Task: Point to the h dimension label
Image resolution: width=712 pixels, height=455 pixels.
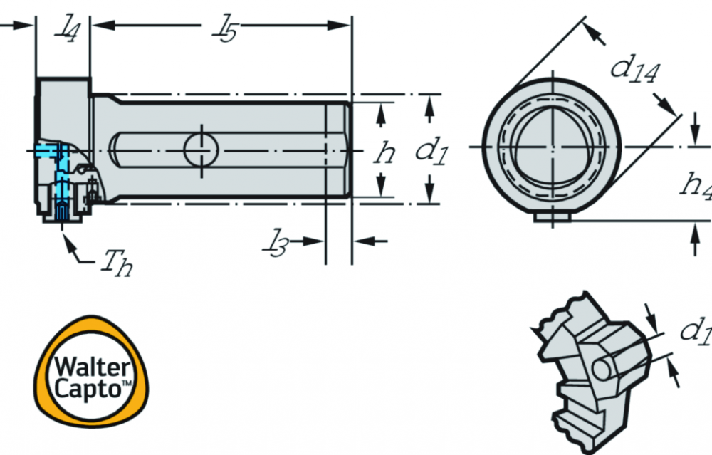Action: click(x=385, y=152)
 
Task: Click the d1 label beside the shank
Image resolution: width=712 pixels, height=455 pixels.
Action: click(x=431, y=151)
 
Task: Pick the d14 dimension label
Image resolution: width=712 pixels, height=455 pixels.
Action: click(x=635, y=70)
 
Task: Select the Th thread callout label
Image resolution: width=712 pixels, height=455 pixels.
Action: click(x=117, y=263)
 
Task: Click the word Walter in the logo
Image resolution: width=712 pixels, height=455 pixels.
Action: click(x=92, y=367)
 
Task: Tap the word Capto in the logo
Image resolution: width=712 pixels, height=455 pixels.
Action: click(x=87, y=389)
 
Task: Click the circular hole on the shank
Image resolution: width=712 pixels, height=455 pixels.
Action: click(x=201, y=150)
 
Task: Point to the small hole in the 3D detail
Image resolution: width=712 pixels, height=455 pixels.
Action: click(x=602, y=369)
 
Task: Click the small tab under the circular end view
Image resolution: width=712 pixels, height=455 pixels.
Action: click(x=553, y=217)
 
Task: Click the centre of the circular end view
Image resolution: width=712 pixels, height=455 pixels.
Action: click(x=553, y=147)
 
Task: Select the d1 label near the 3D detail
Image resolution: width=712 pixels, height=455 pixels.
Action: click(x=696, y=331)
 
